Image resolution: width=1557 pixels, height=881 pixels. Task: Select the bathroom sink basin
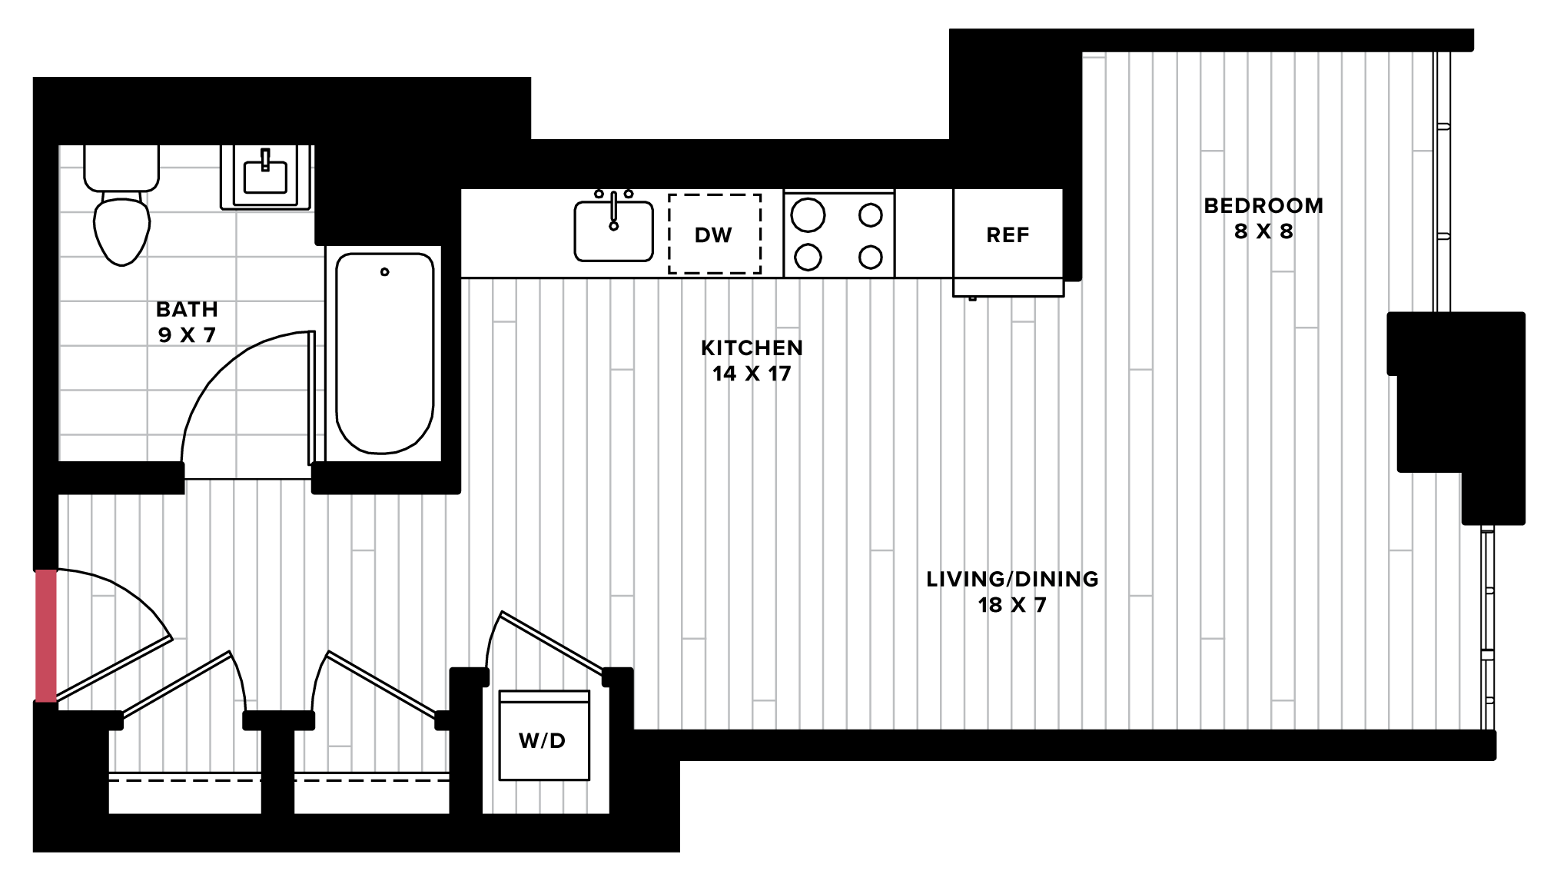point(265,176)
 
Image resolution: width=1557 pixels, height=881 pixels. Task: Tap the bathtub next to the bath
point(384,353)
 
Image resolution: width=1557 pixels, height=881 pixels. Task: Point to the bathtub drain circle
point(385,271)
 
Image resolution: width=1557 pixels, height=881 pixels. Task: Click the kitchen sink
point(613,231)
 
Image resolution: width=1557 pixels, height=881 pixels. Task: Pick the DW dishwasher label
point(713,235)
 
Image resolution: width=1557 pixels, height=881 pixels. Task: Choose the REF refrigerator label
point(1008,235)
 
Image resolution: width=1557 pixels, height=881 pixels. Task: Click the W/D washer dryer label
point(543,740)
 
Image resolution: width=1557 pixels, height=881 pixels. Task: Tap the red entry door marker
point(46,636)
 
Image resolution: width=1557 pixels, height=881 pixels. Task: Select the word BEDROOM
point(1263,206)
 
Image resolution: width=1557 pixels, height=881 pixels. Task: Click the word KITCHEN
point(752,348)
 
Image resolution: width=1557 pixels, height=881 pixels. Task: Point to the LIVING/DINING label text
point(1012,579)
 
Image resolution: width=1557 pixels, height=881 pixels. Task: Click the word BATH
point(187,309)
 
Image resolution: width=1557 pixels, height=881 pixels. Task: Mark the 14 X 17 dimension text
point(752,374)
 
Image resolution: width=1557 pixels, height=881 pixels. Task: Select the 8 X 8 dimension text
point(1263,231)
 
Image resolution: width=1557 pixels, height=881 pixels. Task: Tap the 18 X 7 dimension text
point(1012,605)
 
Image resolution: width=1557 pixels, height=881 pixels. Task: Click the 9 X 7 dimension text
point(187,335)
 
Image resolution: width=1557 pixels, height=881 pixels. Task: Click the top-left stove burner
point(808,215)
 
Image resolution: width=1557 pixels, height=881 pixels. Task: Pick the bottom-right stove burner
point(870,257)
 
